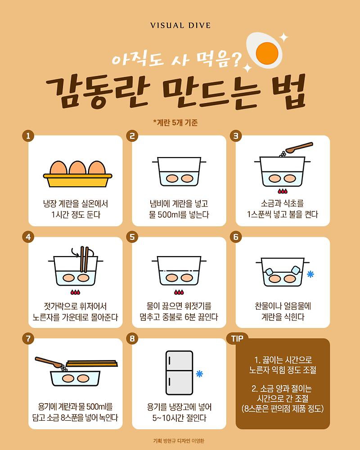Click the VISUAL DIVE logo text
[180, 26]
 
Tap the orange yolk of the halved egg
[267, 54]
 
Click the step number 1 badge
[28, 136]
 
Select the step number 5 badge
[132, 237]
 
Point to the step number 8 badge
[132, 339]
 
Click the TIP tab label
[238, 339]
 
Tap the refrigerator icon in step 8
[179, 373]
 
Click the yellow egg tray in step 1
[77, 180]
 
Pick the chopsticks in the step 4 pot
[84, 259]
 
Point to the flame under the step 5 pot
[179, 292]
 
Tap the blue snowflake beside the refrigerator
[199, 373]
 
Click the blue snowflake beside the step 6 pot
[310, 274]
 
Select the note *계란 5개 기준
[175, 122]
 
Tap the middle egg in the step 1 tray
[77, 167]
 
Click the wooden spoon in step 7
[49, 362]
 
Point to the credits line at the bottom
[179, 441]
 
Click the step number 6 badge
[236, 237]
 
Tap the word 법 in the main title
[288, 92]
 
